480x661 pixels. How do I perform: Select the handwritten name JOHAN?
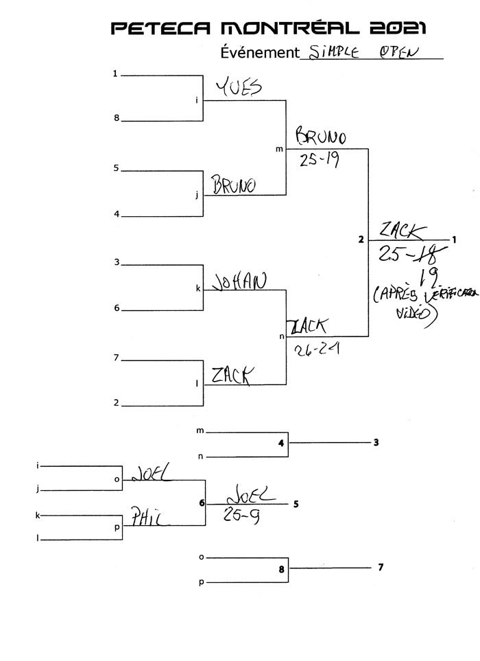(239, 281)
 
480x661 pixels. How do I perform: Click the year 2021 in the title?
(398, 27)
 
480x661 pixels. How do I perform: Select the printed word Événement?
(260, 52)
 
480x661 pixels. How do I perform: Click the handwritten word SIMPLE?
(335, 52)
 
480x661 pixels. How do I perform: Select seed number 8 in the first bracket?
(117, 118)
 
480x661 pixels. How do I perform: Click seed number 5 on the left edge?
(117, 167)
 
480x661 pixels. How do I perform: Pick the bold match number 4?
(281, 443)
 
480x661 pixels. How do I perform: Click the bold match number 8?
(281, 568)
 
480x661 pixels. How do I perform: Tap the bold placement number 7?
(381, 568)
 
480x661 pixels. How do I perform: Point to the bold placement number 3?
(376, 443)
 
